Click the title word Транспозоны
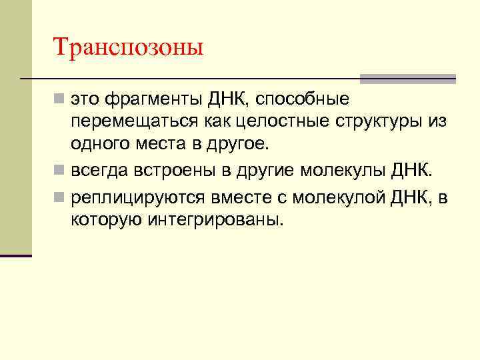128,47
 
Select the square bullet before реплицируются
60,197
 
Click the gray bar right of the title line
408,79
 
